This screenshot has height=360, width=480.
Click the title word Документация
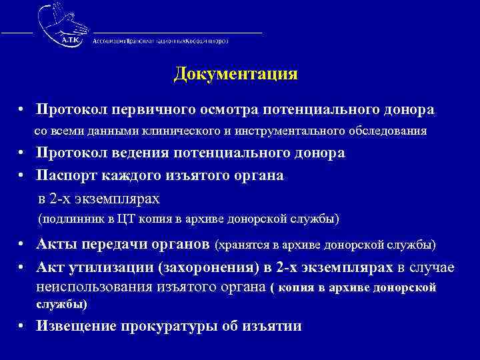(235, 74)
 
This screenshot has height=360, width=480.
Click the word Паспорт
(65, 175)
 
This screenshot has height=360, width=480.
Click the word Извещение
(75, 326)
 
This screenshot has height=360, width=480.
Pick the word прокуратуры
(166, 326)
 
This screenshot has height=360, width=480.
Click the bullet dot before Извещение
(22, 326)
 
